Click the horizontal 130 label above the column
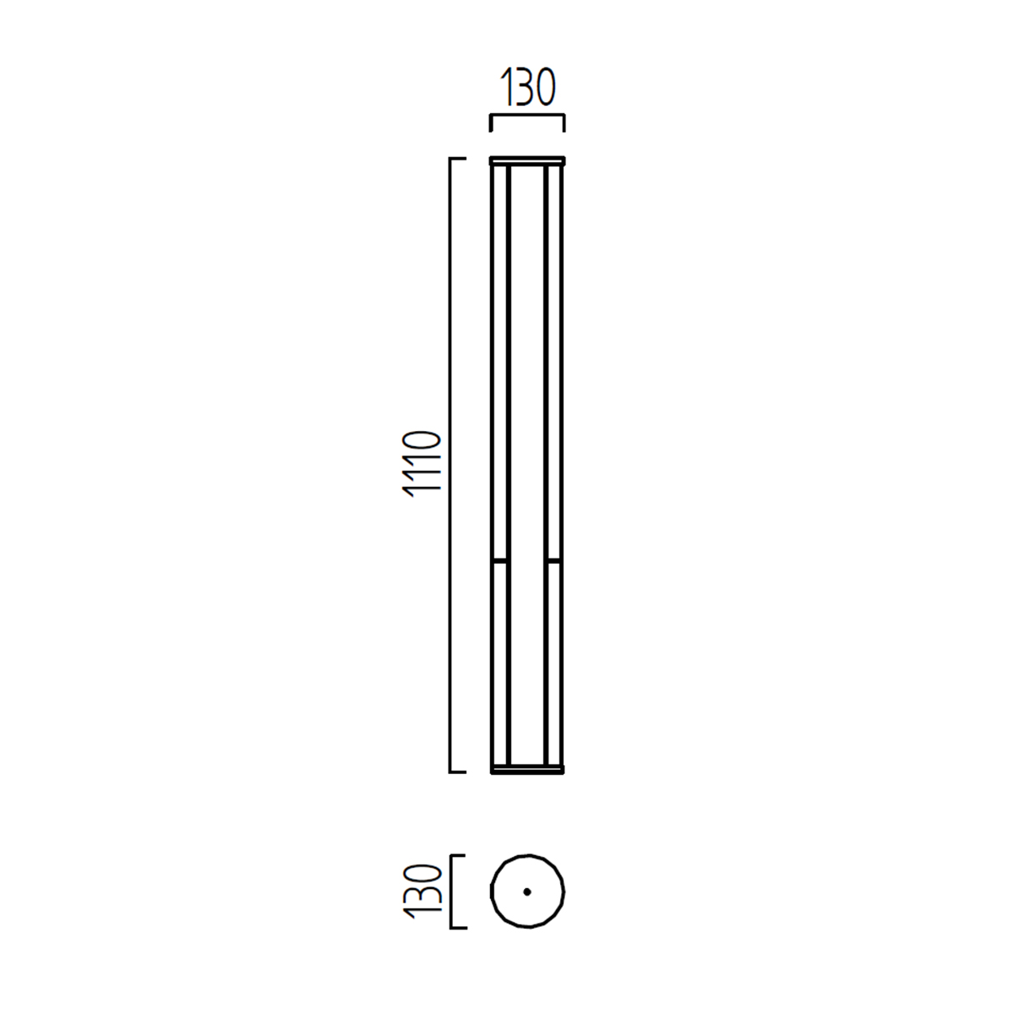528,87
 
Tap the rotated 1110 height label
421,464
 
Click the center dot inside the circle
527,892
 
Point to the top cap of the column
527,161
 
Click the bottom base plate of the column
527,769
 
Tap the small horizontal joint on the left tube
500,561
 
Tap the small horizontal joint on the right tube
553,561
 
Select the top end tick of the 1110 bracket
458,158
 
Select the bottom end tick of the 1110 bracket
458,772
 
